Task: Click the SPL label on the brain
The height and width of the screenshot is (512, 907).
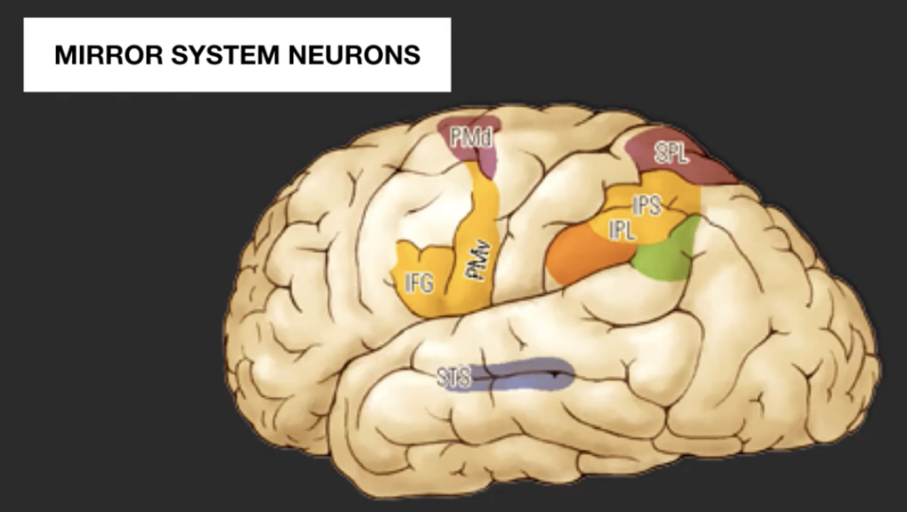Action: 671,153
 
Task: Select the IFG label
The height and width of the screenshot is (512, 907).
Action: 419,284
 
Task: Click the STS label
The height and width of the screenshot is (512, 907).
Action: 453,377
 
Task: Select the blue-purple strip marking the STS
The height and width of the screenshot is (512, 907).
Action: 525,376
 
